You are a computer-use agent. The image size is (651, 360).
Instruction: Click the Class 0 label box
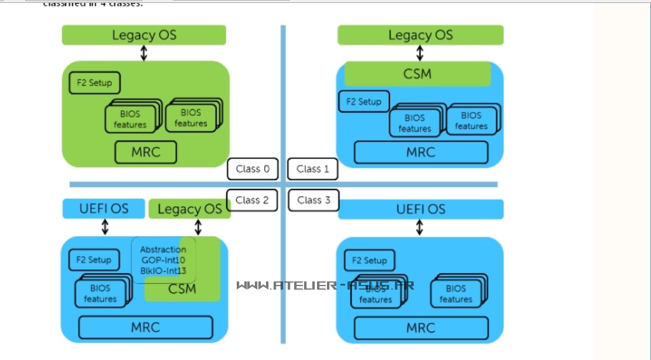[x=253, y=169]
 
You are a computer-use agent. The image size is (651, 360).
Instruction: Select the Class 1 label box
[x=313, y=169]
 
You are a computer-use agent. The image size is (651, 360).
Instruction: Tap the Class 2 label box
[x=252, y=200]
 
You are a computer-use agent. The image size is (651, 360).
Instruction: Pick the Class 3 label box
[x=313, y=200]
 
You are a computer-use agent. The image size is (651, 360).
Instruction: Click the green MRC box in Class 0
[x=145, y=152]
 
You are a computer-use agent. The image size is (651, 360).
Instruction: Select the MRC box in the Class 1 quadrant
[x=421, y=152]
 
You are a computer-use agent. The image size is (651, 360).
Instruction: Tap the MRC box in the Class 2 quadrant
[x=145, y=327]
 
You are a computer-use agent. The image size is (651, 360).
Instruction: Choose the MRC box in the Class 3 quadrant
[x=421, y=327]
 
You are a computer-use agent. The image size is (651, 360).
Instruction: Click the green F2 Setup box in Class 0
[x=94, y=83]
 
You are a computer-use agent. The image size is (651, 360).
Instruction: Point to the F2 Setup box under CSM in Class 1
[x=364, y=101]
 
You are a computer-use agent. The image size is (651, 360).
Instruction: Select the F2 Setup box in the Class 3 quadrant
[x=369, y=260]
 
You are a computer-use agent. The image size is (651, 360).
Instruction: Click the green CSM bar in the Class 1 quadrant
[x=417, y=74]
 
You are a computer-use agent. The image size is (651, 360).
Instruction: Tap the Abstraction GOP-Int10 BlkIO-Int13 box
[x=163, y=260]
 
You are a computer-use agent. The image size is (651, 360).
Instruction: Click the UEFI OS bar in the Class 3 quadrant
[x=421, y=209]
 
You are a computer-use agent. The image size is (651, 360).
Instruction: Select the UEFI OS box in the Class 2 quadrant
[x=104, y=208]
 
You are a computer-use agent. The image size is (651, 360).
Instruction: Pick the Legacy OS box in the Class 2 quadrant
[x=190, y=209]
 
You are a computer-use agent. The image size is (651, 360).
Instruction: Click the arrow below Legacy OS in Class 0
[x=144, y=53]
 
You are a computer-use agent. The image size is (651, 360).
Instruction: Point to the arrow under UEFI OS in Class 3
[x=420, y=227]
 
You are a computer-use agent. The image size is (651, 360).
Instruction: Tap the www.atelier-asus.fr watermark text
[x=325, y=286]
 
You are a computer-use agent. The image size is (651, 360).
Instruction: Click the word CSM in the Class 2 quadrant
[x=182, y=288]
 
